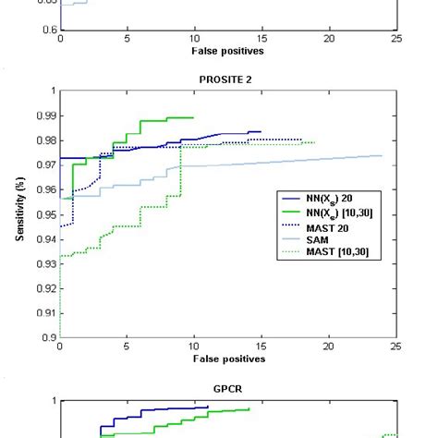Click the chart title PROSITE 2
226,79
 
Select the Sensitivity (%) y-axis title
19,214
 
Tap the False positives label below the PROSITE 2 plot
228,359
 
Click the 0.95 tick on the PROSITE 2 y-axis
47,214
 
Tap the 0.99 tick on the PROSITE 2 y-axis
47,116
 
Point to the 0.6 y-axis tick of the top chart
50,30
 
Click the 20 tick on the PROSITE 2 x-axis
329,347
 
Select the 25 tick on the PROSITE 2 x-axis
395,347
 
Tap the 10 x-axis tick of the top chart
194,40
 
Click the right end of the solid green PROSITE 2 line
193,117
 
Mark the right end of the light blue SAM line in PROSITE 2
382,155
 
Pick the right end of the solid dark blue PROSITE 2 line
261,132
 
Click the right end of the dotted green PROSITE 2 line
314,142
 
